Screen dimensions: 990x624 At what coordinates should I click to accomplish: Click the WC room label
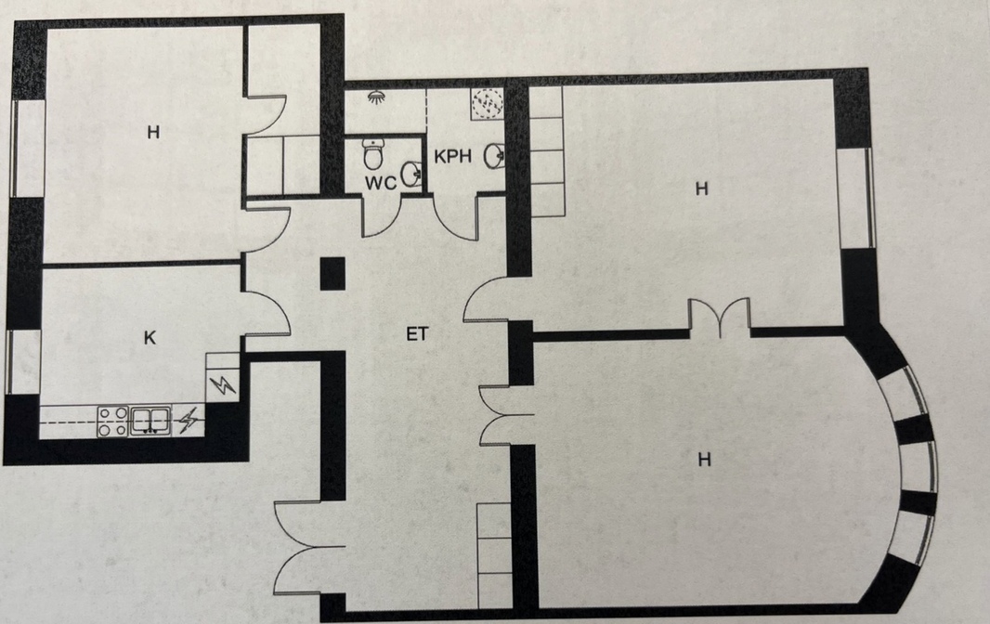pos(381,183)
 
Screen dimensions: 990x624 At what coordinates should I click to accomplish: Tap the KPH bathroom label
pos(452,157)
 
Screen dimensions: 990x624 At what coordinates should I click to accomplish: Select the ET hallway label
pos(417,334)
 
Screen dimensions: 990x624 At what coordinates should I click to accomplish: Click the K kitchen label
pos(150,338)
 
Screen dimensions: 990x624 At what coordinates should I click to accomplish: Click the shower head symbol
pos(377,97)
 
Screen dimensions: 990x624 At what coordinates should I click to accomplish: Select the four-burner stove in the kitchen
pos(113,422)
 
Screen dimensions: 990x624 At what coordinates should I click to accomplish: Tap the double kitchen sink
pos(150,421)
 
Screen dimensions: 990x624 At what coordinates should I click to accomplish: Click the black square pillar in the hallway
pos(332,274)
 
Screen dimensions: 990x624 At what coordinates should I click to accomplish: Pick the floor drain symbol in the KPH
pos(488,102)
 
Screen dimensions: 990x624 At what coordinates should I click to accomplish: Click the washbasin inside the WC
pos(411,174)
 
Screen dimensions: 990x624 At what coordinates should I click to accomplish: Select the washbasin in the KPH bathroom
pos(494,156)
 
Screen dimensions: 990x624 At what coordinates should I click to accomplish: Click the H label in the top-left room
pos(153,132)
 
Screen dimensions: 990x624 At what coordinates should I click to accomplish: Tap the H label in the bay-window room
pos(705,459)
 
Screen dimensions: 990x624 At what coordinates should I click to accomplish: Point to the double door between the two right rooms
pos(719,317)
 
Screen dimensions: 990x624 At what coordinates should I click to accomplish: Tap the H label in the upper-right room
pos(701,188)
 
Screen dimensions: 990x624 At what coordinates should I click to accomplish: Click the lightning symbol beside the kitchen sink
pos(189,422)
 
